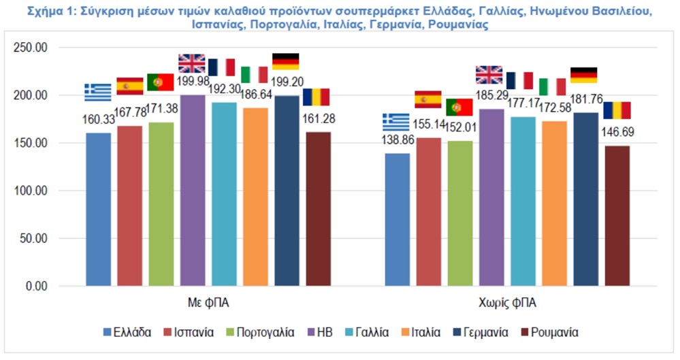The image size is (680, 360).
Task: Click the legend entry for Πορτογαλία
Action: coord(262,333)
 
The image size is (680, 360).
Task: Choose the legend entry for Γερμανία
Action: coord(485,333)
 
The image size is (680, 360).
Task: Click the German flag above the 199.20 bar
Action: coord(285,61)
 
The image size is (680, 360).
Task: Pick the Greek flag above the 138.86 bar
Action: coord(396,122)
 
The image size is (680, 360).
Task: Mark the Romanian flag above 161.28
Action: coord(316,97)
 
